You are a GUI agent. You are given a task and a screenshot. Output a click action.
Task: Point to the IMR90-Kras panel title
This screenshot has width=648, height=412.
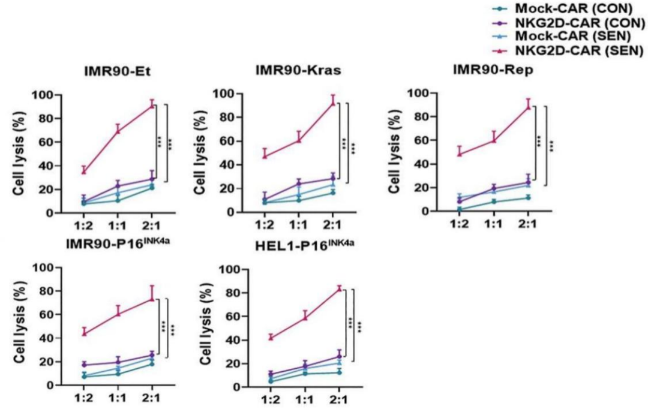tap(298, 70)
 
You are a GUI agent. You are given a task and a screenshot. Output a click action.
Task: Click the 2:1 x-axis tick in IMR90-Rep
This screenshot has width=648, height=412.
tap(527, 225)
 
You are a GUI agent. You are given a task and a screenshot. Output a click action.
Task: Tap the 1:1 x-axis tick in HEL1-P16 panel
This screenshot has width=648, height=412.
tap(305, 400)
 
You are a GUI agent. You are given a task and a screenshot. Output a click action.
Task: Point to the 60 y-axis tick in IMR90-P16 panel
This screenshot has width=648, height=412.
tap(45, 314)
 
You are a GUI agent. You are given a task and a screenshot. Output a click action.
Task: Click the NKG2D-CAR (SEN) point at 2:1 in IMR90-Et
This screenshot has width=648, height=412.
tap(152, 106)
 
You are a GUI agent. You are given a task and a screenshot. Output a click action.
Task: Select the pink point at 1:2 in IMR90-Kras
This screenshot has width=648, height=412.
tap(265, 156)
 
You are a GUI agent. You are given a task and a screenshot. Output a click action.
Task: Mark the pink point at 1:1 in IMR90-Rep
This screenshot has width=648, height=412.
tap(493, 140)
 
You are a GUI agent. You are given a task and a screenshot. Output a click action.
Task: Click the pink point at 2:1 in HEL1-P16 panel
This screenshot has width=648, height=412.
tap(339, 288)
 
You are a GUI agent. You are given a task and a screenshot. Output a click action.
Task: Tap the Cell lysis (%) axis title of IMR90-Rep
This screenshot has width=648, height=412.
tap(394, 154)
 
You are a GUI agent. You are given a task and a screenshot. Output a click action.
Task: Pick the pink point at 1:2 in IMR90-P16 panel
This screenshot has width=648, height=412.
tap(85, 333)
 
